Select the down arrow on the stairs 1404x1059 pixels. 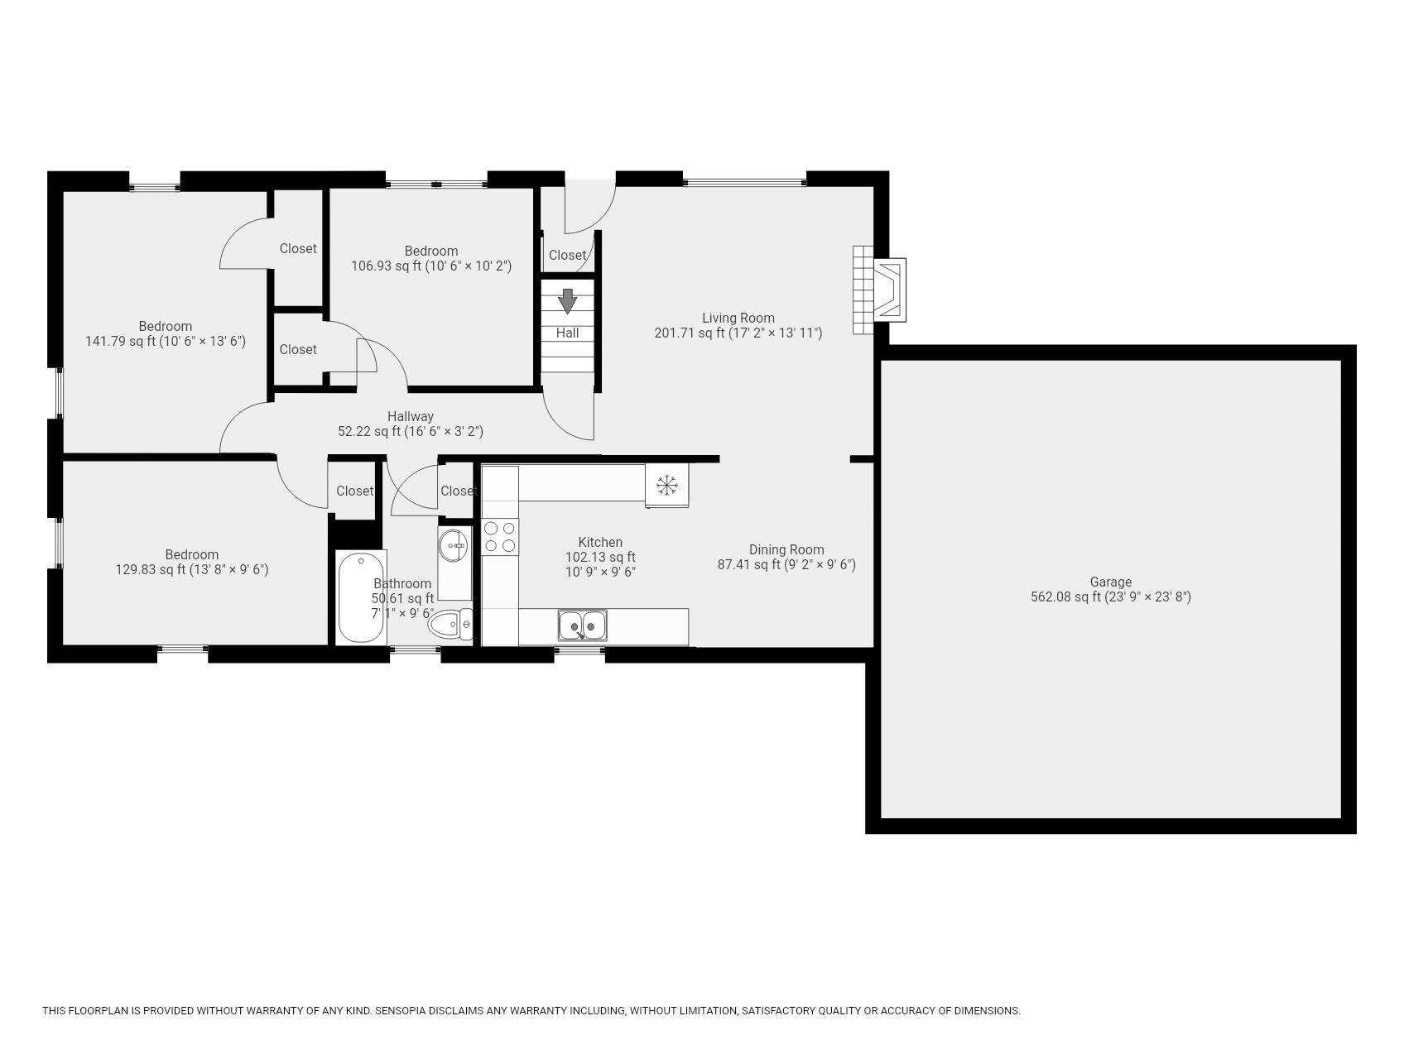[567, 301]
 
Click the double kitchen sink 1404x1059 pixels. [582, 625]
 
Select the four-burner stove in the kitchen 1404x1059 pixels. [500, 536]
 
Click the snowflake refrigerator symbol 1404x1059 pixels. [666, 484]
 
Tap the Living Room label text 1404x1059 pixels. [738, 318]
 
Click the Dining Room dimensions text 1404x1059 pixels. [786, 565]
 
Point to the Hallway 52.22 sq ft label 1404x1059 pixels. [411, 424]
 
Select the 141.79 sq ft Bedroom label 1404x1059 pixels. [166, 333]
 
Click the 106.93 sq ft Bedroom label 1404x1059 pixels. [431, 258]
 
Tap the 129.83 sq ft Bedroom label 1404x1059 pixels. [191, 562]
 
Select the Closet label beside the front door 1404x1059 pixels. [567, 255]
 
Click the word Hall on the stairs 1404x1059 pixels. [567, 333]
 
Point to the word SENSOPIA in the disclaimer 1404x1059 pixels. [401, 1010]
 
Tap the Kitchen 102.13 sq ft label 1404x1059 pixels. [600, 557]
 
